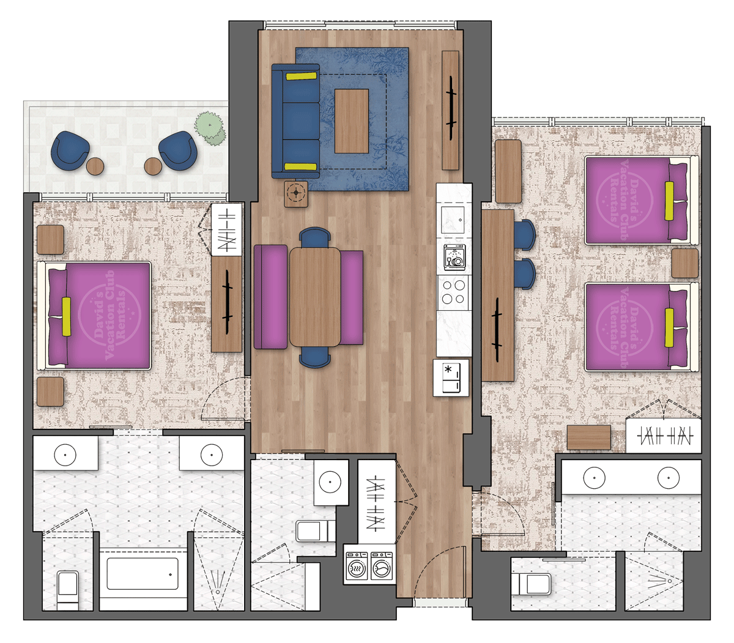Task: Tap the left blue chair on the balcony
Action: click(x=70, y=150)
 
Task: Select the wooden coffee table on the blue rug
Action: click(x=352, y=121)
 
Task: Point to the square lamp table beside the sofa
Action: click(x=297, y=193)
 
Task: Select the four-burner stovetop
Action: click(x=454, y=292)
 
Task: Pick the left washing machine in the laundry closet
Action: click(x=356, y=567)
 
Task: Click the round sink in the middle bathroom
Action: click(x=331, y=481)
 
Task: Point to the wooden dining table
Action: click(x=315, y=297)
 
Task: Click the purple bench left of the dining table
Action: click(x=270, y=297)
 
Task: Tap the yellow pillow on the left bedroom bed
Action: click(x=66, y=316)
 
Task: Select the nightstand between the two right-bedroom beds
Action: click(x=684, y=264)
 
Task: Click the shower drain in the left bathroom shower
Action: click(x=218, y=592)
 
